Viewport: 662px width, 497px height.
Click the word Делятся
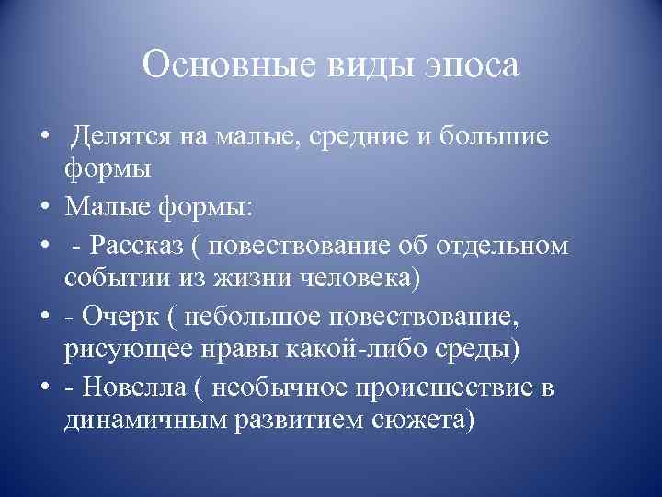(123, 138)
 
